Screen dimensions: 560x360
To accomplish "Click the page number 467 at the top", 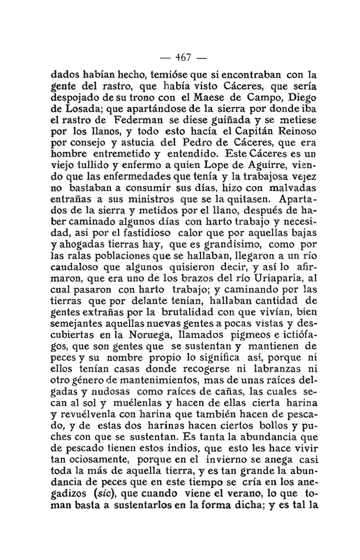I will (x=183, y=56).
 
